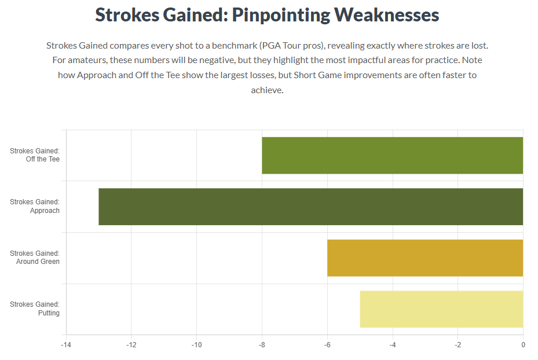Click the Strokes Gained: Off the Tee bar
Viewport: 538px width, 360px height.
point(392,155)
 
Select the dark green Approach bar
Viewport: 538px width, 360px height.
point(310,207)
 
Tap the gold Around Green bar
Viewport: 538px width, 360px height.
point(424,258)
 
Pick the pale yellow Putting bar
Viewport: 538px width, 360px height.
point(441,309)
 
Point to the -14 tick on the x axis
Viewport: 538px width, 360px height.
point(66,345)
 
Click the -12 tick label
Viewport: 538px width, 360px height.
point(131,345)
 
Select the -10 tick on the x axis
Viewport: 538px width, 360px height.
point(196,345)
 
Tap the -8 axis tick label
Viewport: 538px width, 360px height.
point(262,345)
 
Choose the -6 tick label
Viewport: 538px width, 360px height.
point(327,345)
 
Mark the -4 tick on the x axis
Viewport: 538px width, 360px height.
point(392,345)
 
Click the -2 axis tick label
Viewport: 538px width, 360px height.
point(458,345)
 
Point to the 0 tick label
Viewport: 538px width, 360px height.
point(523,345)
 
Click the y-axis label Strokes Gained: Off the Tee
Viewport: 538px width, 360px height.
point(35,155)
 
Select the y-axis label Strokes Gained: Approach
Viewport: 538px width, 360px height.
point(35,207)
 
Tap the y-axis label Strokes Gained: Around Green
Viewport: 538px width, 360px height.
point(35,258)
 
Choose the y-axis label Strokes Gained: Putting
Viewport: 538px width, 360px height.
point(35,309)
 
